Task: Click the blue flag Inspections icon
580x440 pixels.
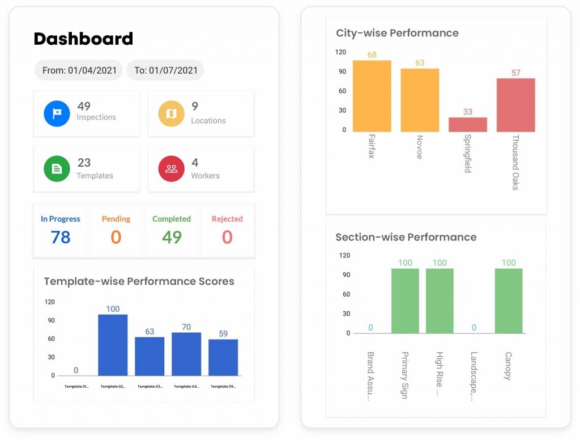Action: click(57, 113)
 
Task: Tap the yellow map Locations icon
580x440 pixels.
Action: click(171, 113)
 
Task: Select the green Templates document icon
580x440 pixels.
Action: click(57, 168)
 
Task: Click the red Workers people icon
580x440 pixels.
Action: click(171, 168)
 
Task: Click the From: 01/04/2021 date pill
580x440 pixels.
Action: click(79, 70)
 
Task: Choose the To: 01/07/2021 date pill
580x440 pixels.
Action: click(165, 70)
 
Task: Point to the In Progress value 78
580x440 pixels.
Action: click(61, 237)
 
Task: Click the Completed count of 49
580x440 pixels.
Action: click(172, 237)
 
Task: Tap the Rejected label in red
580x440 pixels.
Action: click(227, 219)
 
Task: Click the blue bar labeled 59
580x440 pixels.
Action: click(223, 357)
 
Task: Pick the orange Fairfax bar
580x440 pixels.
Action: click(372, 96)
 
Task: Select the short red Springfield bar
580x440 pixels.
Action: click(468, 125)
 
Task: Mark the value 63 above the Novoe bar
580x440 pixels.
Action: click(420, 63)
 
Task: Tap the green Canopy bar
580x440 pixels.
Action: click(509, 301)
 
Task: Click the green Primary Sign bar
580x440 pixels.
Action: click(405, 301)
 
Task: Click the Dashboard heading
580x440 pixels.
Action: click(83, 39)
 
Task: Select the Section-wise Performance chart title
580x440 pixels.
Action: click(406, 237)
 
